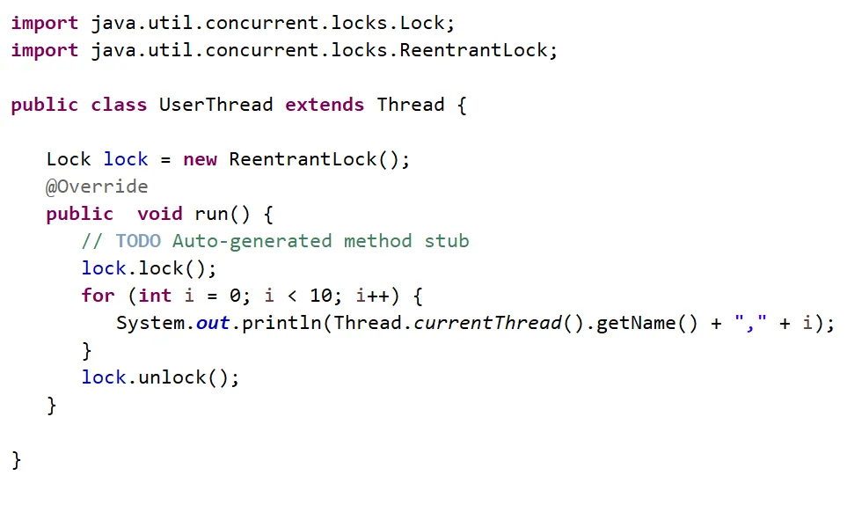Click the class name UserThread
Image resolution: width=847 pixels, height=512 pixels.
click(x=215, y=105)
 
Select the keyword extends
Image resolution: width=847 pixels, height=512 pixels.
click(x=325, y=105)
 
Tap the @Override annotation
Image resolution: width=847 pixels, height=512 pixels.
click(x=97, y=187)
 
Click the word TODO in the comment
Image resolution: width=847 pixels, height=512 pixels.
click(x=138, y=241)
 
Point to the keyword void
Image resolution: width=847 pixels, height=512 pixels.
click(x=160, y=214)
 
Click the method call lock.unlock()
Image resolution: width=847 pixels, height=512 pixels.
click(x=160, y=377)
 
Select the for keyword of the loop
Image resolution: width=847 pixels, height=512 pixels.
click(x=98, y=296)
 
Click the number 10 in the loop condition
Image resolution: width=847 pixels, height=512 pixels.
click(x=321, y=296)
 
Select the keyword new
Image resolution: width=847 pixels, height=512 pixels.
click(x=201, y=159)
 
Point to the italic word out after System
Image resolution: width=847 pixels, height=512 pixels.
click(x=213, y=323)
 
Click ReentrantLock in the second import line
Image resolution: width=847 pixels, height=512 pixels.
click(x=474, y=50)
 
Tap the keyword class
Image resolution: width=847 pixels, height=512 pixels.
click(x=120, y=105)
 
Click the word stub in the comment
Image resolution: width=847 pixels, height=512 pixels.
click(x=447, y=241)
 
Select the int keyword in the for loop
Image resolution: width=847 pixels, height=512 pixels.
click(x=155, y=296)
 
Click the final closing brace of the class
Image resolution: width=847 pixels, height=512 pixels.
click(x=16, y=460)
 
